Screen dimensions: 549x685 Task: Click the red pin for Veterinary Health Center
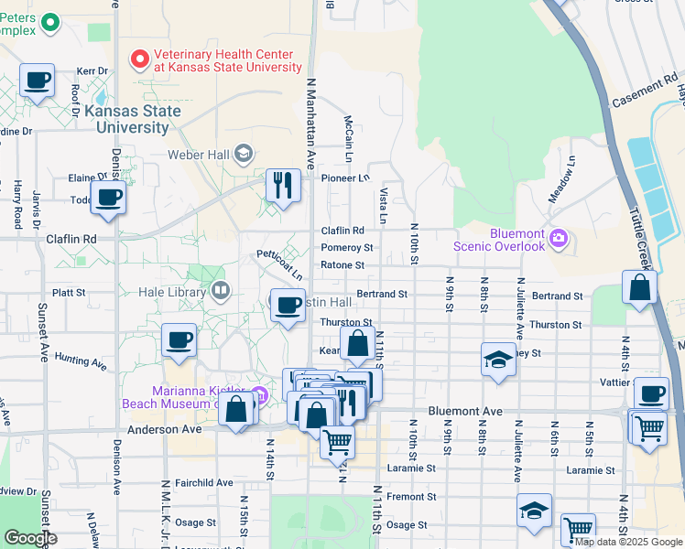[140, 59]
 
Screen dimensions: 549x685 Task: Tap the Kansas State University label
[125, 119]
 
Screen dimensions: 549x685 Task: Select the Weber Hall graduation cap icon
[243, 153]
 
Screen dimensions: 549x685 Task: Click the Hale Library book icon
[220, 292]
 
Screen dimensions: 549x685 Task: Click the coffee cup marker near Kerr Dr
[37, 80]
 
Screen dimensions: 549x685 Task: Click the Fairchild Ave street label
[204, 482]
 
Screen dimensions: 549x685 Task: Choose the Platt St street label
[69, 293]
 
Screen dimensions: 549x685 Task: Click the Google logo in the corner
[30, 538]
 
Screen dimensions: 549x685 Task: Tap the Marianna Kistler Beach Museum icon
[260, 395]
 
